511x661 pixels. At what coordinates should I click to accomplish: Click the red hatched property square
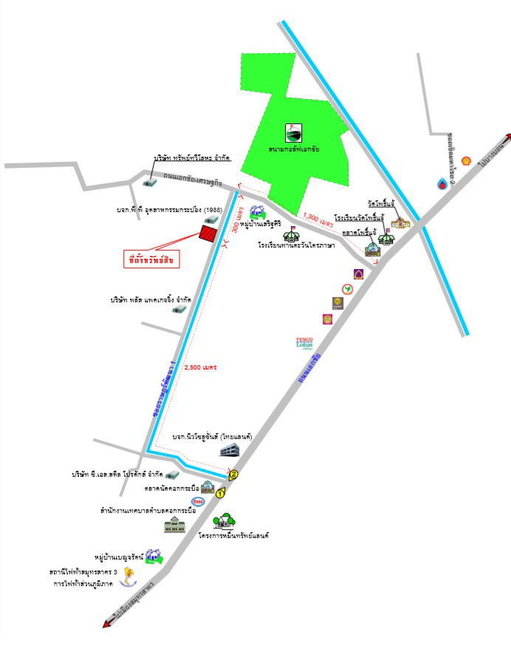209,234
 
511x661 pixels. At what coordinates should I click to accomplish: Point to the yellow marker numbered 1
220,492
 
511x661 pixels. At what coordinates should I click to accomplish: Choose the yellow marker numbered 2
234,475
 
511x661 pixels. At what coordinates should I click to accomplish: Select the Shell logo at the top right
466,160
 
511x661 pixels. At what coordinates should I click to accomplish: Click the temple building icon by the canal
399,221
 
